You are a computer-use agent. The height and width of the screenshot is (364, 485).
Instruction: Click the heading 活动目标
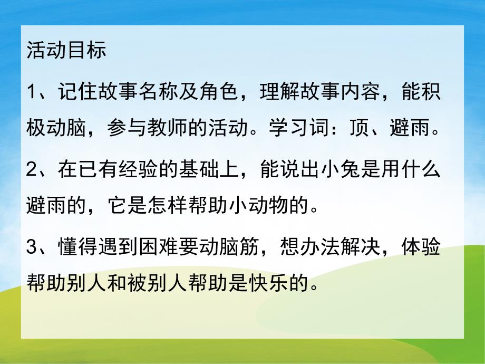(66, 52)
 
